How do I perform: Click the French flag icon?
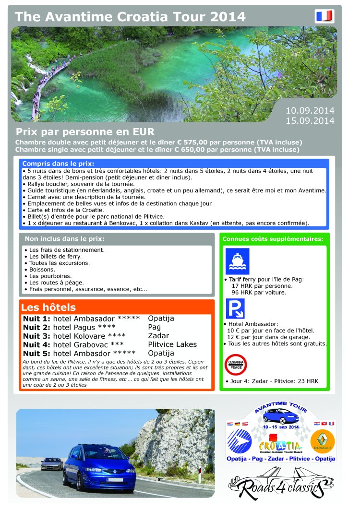(x=324, y=16)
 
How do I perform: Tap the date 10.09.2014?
(x=310, y=110)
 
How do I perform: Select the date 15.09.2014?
(x=310, y=120)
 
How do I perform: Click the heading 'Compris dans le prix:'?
(x=58, y=164)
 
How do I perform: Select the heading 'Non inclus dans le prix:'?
(x=64, y=238)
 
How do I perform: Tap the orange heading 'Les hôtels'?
(x=48, y=308)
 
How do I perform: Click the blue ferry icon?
(x=237, y=261)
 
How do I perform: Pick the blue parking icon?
(x=235, y=308)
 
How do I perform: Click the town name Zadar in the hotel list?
(x=158, y=336)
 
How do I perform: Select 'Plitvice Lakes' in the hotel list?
(x=172, y=344)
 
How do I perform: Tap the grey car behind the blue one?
(x=52, y=463)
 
